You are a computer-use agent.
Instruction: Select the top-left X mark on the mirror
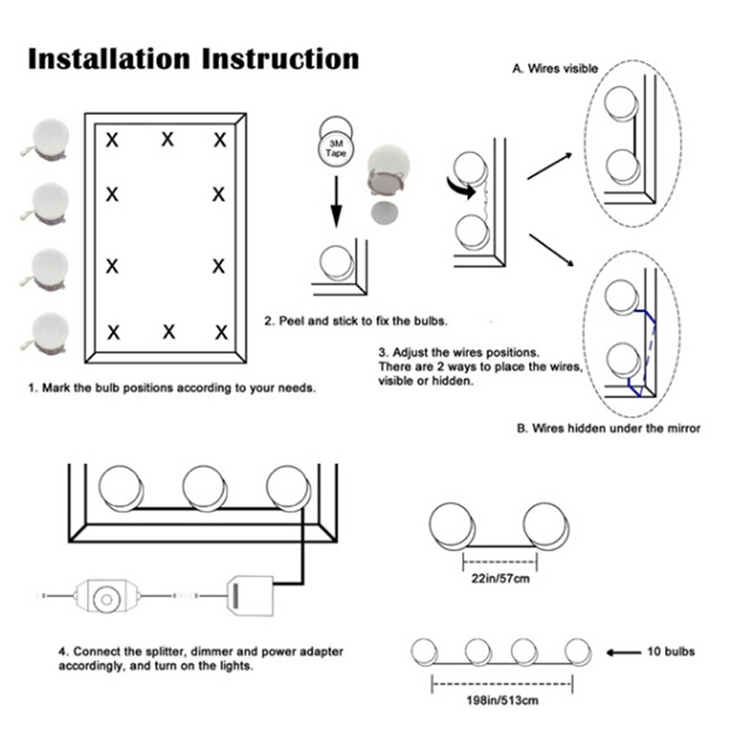pos(113,140)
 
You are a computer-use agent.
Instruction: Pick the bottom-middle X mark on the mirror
pos(168,330)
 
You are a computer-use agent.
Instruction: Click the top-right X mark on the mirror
pos(220,140)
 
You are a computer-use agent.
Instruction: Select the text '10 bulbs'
pos(672,652)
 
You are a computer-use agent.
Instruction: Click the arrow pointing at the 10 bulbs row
pos(622,652)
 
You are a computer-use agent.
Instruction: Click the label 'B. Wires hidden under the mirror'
pos(609,428)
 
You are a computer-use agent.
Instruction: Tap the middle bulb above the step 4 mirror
pos(206,488)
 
